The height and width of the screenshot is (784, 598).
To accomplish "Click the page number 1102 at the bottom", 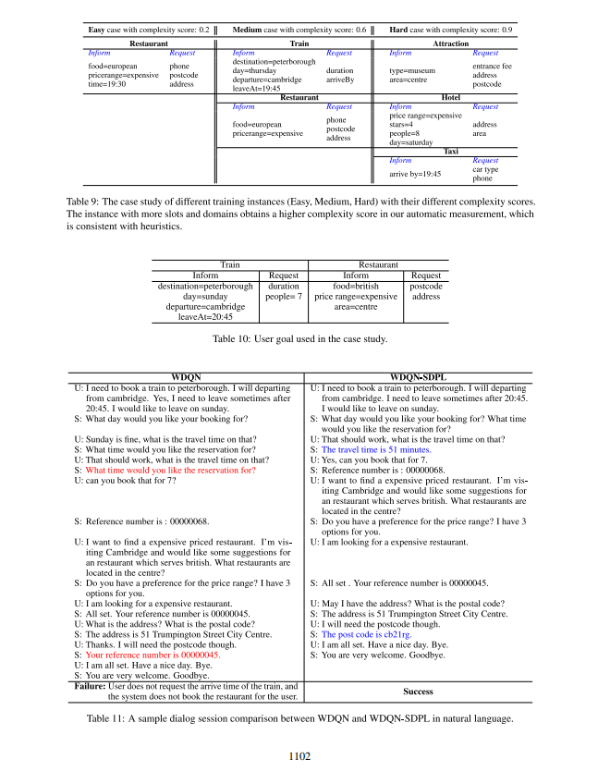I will point(299,755).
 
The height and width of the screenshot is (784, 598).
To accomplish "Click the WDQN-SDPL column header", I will point(419,376).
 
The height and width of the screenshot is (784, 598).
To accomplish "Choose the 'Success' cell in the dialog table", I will point(419,690).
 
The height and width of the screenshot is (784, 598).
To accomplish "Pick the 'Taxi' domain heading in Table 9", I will point(450,151).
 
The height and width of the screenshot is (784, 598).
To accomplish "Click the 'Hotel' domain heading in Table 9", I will point(450,97).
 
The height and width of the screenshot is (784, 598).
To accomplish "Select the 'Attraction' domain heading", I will point(450,43).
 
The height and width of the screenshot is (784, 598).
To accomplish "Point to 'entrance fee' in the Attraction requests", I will point(492,66).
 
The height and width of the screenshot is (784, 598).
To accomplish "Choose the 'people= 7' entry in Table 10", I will point(284,297).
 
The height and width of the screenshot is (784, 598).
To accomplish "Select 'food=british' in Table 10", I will point(356,287).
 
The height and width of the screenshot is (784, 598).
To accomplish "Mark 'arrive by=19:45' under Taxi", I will point(415,173).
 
